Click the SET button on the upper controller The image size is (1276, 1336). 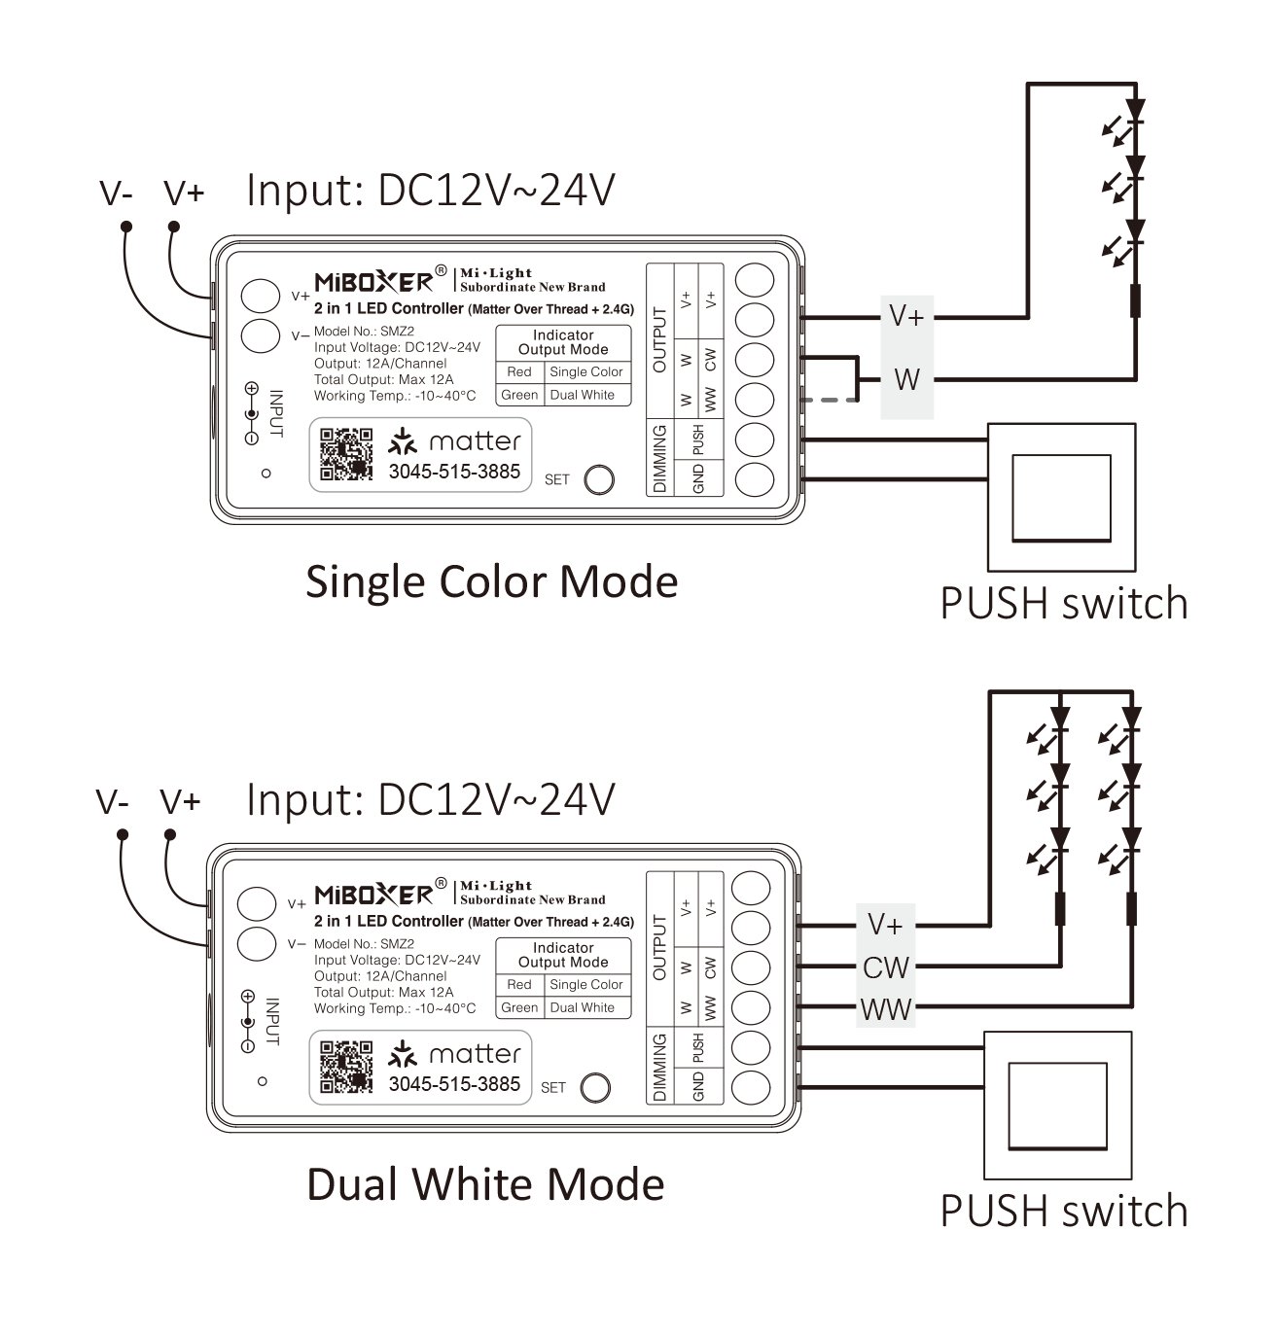coord(599,479)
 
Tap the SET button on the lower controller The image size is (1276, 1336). coord(595,1087)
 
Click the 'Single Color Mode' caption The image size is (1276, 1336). coord(491,581)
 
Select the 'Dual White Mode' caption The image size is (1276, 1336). coord(485,1184)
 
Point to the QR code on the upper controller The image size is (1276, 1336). coord(346,454)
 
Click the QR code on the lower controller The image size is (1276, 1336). coord(346,1067)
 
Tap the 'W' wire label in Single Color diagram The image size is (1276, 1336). coord(906,379)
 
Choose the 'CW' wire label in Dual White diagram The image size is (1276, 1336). coord(885,968)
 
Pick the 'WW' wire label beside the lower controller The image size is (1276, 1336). coord(886,1009)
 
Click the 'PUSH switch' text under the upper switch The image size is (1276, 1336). coord(1063,604)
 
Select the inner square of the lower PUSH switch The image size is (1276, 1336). coord(1057,1105)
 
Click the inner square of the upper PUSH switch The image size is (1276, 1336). coord(1061,497)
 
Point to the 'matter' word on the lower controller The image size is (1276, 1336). coord(475,1054)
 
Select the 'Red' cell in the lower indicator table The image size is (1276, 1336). coord(519,985)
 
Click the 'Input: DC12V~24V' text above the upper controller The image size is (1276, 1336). coord(431,191)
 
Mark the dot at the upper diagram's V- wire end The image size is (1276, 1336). coord(126,227)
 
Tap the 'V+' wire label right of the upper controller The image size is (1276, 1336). coord(906,316)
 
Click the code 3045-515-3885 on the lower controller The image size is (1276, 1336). coord(454,1084)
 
